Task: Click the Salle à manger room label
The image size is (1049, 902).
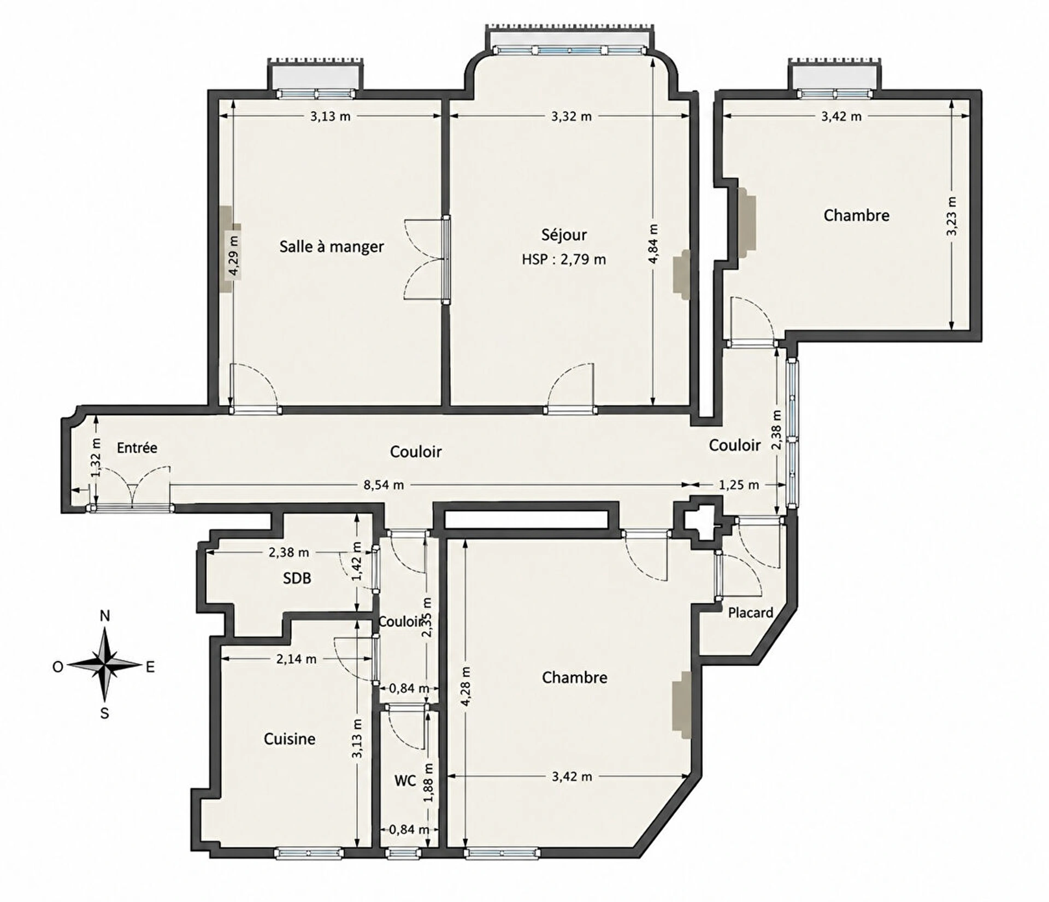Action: (332, 246)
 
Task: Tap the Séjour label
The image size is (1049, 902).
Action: (564, 234)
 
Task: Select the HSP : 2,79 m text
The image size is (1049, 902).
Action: (564, 260)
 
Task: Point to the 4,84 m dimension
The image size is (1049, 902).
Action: (653, 244)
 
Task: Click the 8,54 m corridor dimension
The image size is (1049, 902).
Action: (384, 485)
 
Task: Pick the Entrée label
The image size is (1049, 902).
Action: (137, 448)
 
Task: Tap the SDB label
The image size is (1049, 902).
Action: (297, 578)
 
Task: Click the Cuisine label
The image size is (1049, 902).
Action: (290, 739)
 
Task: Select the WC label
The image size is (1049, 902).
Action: (405, 781)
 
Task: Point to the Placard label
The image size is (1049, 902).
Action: (751, 612)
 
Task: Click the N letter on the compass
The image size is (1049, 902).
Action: (105, 616)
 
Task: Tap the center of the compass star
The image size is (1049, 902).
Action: (105, 665)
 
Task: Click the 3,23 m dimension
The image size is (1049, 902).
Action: (952, 216)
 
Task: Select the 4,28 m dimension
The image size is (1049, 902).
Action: (465, 686)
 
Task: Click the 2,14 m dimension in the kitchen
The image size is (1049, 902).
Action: (296, 659)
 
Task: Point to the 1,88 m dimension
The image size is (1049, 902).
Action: (429, 782)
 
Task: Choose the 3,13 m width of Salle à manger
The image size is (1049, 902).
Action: (331, 116)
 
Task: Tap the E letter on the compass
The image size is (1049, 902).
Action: (150, 667)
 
